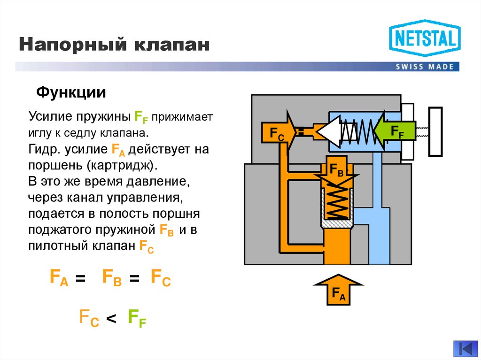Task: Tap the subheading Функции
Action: [71, 92]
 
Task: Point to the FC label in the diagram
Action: [277, 133]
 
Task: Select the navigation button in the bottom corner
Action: [465, 349]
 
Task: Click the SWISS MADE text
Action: [424, 66]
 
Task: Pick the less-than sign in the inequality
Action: [110, 319]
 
